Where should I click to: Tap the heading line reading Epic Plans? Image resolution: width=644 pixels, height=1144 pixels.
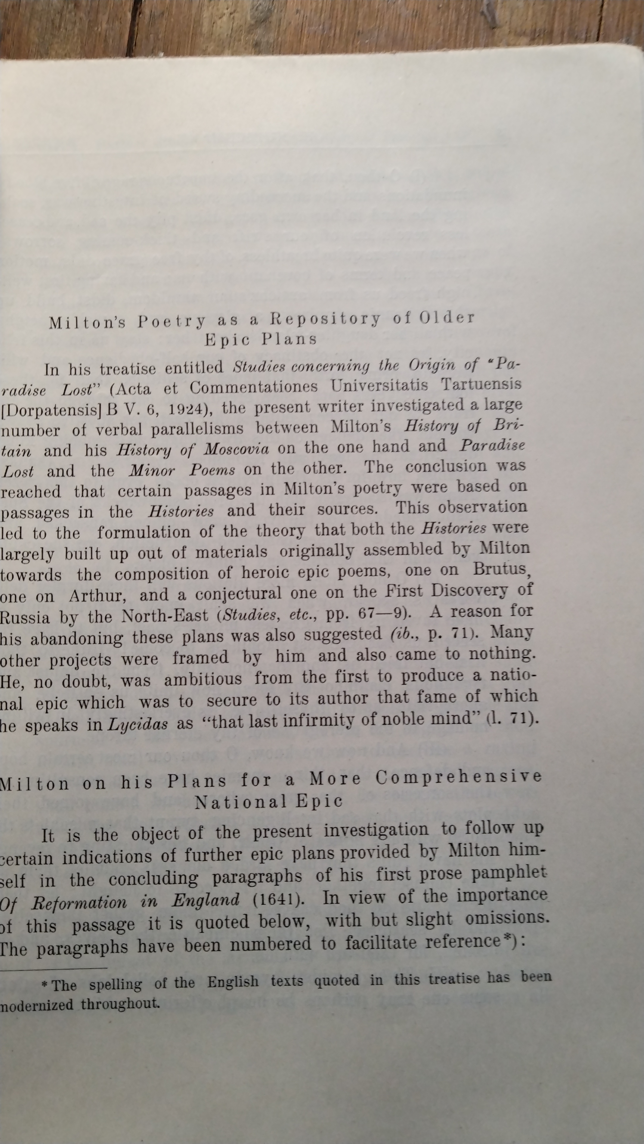click(261, 340)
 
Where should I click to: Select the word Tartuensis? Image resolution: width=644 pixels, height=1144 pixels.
click(481, 384)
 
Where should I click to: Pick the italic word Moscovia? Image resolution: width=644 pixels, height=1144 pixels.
click(236, 450)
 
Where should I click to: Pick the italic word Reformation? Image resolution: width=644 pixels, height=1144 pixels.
click(79, 901)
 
